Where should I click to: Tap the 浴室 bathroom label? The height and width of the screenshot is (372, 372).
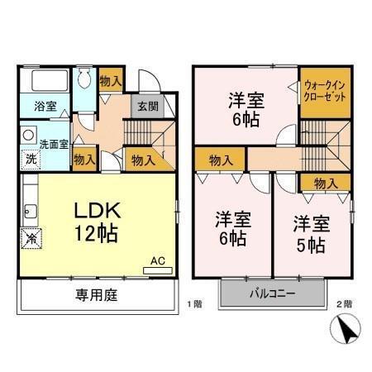45,106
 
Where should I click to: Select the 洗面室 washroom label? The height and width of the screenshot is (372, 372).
55,142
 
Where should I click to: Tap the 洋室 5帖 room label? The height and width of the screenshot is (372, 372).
311,234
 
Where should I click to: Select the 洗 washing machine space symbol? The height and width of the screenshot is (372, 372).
30,157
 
